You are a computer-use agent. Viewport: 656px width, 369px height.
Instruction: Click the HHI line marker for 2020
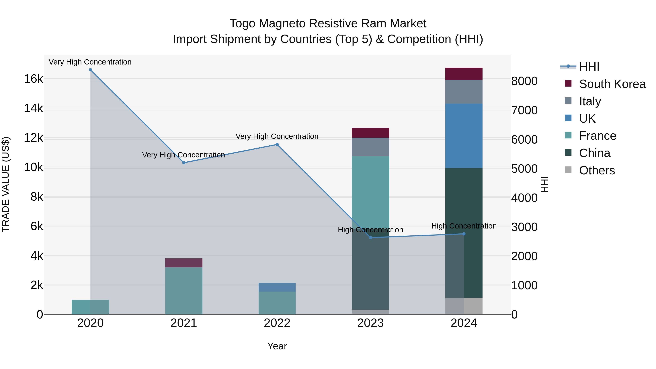coord(90,70)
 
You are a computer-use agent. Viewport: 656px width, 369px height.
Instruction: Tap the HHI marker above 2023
coord(370,238)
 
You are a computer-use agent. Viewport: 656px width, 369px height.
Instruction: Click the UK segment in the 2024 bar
coord(464,136)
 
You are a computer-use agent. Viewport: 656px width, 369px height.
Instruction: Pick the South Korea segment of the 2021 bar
coord(184,263)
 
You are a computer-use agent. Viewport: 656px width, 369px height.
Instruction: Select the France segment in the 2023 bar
coord(370,191)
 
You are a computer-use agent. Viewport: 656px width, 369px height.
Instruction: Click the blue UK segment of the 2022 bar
coord(277,287)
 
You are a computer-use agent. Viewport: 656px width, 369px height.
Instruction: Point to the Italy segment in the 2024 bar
coord(464,92)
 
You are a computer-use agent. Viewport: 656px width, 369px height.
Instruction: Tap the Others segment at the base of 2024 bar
coord(464,306)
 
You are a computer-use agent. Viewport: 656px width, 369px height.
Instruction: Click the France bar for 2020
coord(90,307)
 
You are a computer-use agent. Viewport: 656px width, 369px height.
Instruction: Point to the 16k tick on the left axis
coord(33,79)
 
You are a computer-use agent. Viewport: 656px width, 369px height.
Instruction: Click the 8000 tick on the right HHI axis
coord(524,81)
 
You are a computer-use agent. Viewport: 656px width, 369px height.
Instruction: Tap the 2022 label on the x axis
coord(277,323)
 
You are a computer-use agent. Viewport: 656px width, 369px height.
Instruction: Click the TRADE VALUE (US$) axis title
coord(6,184)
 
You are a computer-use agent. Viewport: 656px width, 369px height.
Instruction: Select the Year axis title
coord(277,346)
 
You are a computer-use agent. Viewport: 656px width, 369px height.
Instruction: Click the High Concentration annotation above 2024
coord(464,226)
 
